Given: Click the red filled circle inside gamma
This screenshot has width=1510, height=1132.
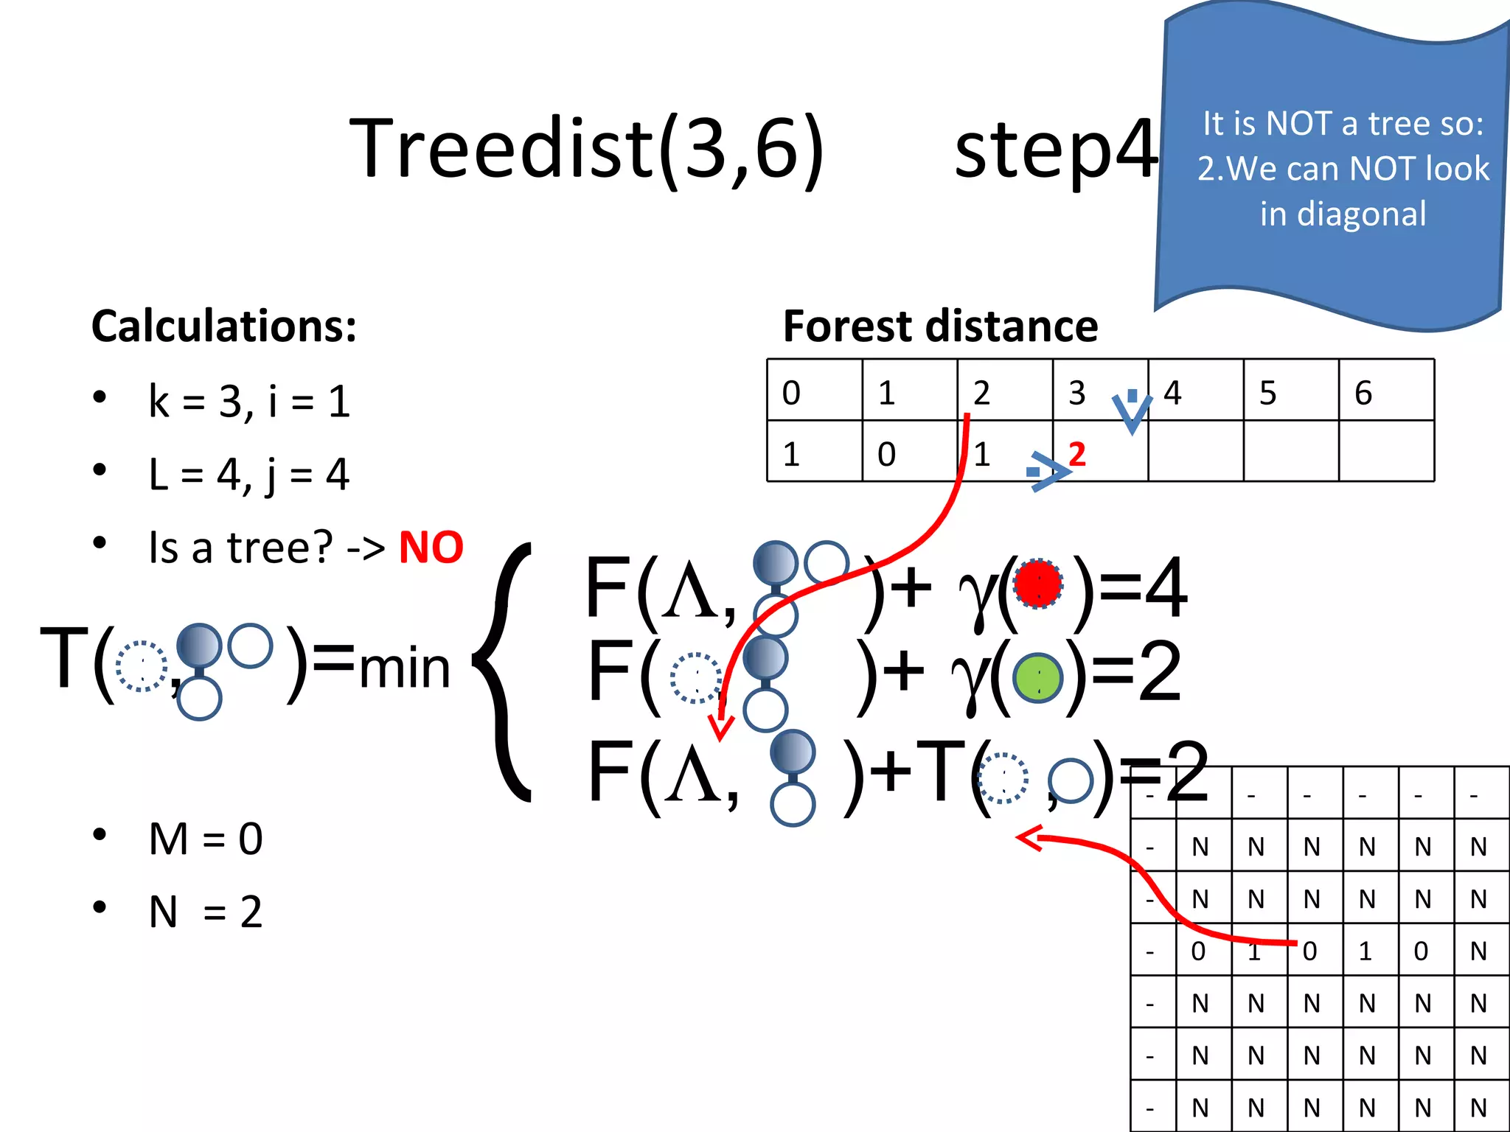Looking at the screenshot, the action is (1038, 584).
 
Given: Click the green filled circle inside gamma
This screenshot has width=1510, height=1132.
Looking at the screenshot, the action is (1038, 677).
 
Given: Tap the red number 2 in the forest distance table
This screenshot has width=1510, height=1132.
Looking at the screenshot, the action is (1077, 454).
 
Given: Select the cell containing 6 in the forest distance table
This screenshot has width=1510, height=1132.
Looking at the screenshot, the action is (1386, 391).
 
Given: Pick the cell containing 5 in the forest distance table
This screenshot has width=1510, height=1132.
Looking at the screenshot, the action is (1290, 391).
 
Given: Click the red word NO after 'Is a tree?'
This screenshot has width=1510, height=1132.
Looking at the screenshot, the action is (431, 548).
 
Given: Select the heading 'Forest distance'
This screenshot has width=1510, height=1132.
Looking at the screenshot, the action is (940, 326).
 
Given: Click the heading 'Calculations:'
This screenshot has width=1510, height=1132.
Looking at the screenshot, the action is (223, 326).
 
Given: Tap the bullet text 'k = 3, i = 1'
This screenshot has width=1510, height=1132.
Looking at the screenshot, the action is (249, 402).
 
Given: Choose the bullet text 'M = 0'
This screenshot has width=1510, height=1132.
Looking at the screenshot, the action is (206, 839).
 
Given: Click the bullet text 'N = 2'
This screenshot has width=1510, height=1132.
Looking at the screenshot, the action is (206, 912).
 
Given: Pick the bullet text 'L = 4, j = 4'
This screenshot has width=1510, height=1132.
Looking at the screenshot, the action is (248, 475).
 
